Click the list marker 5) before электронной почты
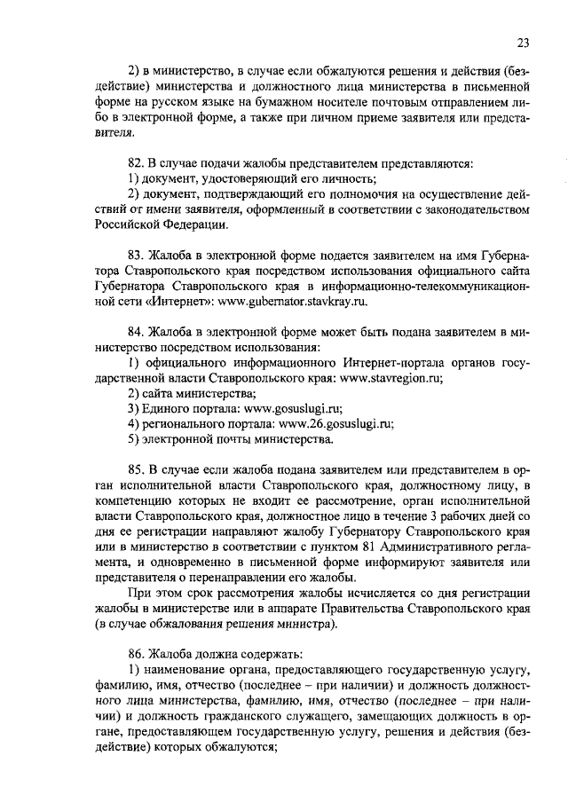tap(133, 439)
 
